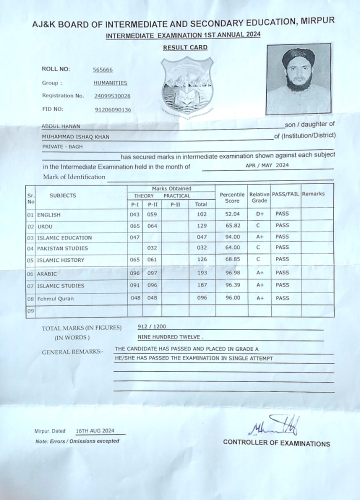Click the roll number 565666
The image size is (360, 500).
(102, 70)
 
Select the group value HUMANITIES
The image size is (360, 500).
(110, 83)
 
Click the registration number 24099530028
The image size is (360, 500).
(112, 95)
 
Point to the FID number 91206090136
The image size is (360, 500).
(112, 109)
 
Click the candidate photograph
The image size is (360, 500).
(298, 78)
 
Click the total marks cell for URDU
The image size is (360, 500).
(201, 226)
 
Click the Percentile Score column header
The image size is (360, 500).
(232, 197)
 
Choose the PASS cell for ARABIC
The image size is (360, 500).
(282, 273)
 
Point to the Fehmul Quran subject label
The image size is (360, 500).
(55, 299)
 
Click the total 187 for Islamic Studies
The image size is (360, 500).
(201, 285)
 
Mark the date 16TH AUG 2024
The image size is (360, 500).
(95, 430)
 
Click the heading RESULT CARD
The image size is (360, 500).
(185, 47)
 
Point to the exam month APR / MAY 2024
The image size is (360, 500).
(267, 165)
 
